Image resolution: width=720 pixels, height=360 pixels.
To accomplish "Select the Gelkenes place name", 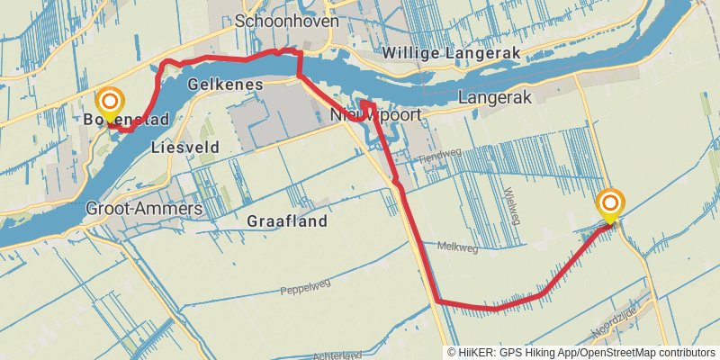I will pyautogui.click(x=225, y=84).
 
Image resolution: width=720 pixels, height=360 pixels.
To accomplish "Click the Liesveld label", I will pyautogui.click(x=186, y=146).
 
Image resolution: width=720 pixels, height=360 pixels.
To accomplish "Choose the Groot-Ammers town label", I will pyautogui.click(x=144, y=208).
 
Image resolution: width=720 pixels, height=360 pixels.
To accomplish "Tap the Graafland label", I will pyautogui.click(x=286, y=220).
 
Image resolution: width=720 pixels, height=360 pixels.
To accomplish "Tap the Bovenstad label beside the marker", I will pyautogui.click(x=126, y=120).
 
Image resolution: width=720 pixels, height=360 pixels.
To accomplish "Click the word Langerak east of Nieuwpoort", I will pyautogui.click(x=496, y=95).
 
